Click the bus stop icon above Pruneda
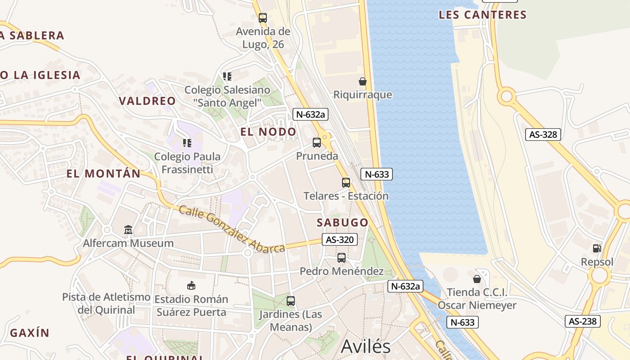click(x=317, y=143)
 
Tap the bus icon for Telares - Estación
click(x=346, y=182)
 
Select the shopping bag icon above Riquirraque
click(x=362, y=81)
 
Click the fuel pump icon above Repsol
click(x=597, y=248)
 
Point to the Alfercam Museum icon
click(x=128, y=230)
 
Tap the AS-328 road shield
click(x=543, y=134)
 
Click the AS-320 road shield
click(x=340, y=240)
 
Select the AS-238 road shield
click(x=583, y=321)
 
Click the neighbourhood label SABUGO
click(x=342, y=222)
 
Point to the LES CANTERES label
click(x=482, y=15)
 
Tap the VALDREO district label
click(x=147, y=101)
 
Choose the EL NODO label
click(x=268, y=132)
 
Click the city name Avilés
click(x=366, y=346)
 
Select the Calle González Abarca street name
click(x=231, y=229)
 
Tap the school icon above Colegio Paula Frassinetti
click(x=187, y=143)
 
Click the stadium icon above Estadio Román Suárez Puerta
click(x=191, y=285)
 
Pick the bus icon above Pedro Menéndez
click(x=342, y=258)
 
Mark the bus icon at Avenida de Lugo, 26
click(x=263, y=18)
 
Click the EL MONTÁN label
click(x=103, y=174)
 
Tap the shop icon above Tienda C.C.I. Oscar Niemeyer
click(x=477, y=279)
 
